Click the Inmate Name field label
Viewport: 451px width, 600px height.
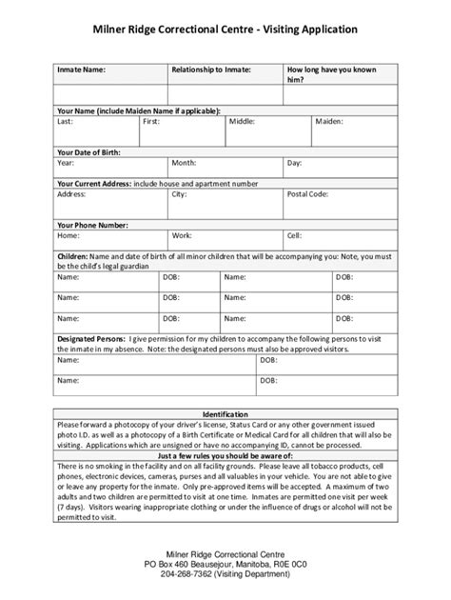click(x=82, y=70)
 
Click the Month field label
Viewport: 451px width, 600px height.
click(x=184, y=163)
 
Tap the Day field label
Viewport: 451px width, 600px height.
click(x=295, y=163)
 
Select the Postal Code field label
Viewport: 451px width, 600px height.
click(x=307, y=193)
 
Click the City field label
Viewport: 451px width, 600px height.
click(x=179, y=193)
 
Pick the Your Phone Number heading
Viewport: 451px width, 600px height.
click(x=92, y=224)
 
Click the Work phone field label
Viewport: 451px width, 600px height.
click(x=182, y=234)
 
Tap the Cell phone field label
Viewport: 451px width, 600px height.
click(x=294, y=234)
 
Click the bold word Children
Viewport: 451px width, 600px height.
click(x=72, y=257)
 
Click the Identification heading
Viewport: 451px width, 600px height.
click(x=225, y=414)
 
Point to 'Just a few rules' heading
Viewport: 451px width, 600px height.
click(x=225, y=455)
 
